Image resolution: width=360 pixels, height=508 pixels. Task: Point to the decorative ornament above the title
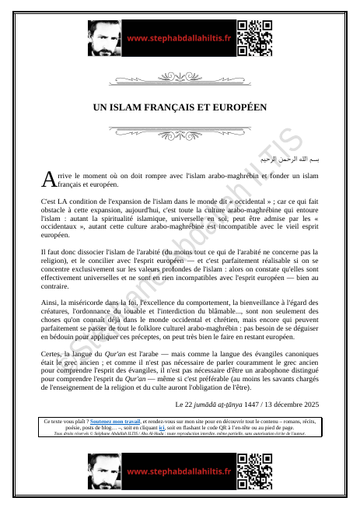(x=180, y=79)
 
